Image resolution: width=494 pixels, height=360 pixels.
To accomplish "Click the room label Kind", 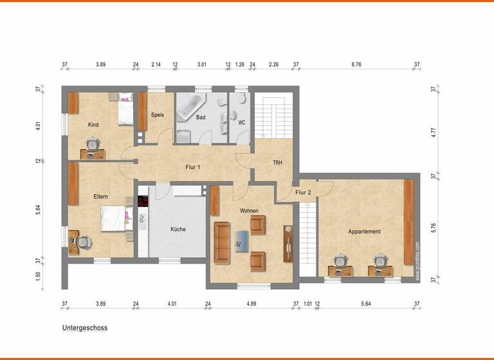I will click(x=93, y=125).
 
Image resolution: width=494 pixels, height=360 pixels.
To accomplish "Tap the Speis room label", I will click(x=157, y=115).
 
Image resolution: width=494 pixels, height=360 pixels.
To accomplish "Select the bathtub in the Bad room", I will click(x=190, y=108).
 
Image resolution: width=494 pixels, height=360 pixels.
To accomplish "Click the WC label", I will click(x=242, y=122).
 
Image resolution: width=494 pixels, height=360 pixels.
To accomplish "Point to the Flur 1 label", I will click(x=192, y=167).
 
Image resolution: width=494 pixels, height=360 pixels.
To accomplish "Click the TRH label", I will click(x=277, y=163).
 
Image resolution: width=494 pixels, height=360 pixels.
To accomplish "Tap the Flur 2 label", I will click(x=303, y=192).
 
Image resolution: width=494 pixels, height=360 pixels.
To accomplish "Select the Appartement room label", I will click(x=364, y=231).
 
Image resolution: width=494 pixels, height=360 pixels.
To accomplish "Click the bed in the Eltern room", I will click(x=116, y=218).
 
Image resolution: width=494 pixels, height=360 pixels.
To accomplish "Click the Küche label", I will click(x=178, y=229).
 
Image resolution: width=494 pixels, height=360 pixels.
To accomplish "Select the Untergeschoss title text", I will click(x=85, y=328).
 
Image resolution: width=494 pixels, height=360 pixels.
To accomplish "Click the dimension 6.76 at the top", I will click(x=356, y=64).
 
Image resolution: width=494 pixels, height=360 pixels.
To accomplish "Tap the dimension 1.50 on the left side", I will click(x=39, y=276).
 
